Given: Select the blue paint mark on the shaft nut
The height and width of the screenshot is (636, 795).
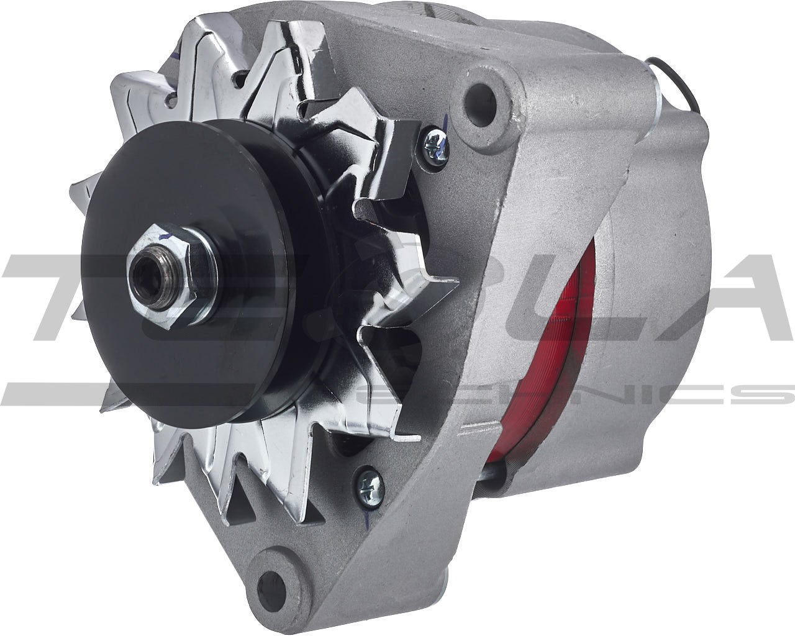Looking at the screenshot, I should (163, 237).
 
